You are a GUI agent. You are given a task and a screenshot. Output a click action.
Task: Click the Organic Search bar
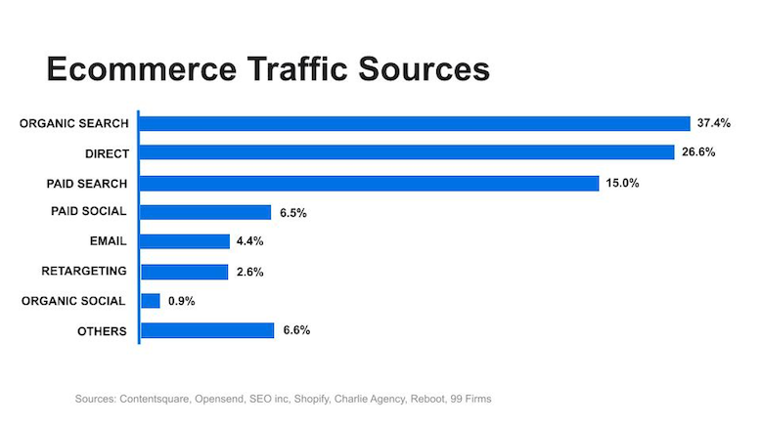(x=416, y=123)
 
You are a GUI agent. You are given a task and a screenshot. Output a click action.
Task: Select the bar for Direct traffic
(x=408, y=152)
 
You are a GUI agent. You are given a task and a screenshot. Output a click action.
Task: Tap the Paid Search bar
(x=370, y=183)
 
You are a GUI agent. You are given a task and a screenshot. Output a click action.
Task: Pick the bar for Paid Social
(x=206, y=212)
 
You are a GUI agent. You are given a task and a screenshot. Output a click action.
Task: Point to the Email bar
(x=186, y=241)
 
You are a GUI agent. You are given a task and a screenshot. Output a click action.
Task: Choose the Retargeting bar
(x=185, y=271)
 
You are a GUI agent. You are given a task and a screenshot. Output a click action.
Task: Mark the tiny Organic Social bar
(x=151, y=301)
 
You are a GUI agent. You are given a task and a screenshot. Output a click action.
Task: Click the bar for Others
(x=207, y=330)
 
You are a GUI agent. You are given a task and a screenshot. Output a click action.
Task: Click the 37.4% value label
(x=714, y=123)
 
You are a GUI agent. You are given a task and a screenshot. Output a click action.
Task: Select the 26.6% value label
(x=697, y=152)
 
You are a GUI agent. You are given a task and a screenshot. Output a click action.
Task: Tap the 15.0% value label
(x=622, y=183)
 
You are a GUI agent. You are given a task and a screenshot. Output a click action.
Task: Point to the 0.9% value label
(x=182, y=301)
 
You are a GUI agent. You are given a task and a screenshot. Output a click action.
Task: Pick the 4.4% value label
(x=251, y=241)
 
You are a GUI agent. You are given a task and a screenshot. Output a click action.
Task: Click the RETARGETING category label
(x=84, y=271)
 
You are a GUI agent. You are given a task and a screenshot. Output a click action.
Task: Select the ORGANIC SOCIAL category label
(x=73, y=301)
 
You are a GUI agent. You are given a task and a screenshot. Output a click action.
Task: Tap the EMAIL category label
(x=108, y=241)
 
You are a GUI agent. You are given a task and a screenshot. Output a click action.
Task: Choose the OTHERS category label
(x=103, y=330)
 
